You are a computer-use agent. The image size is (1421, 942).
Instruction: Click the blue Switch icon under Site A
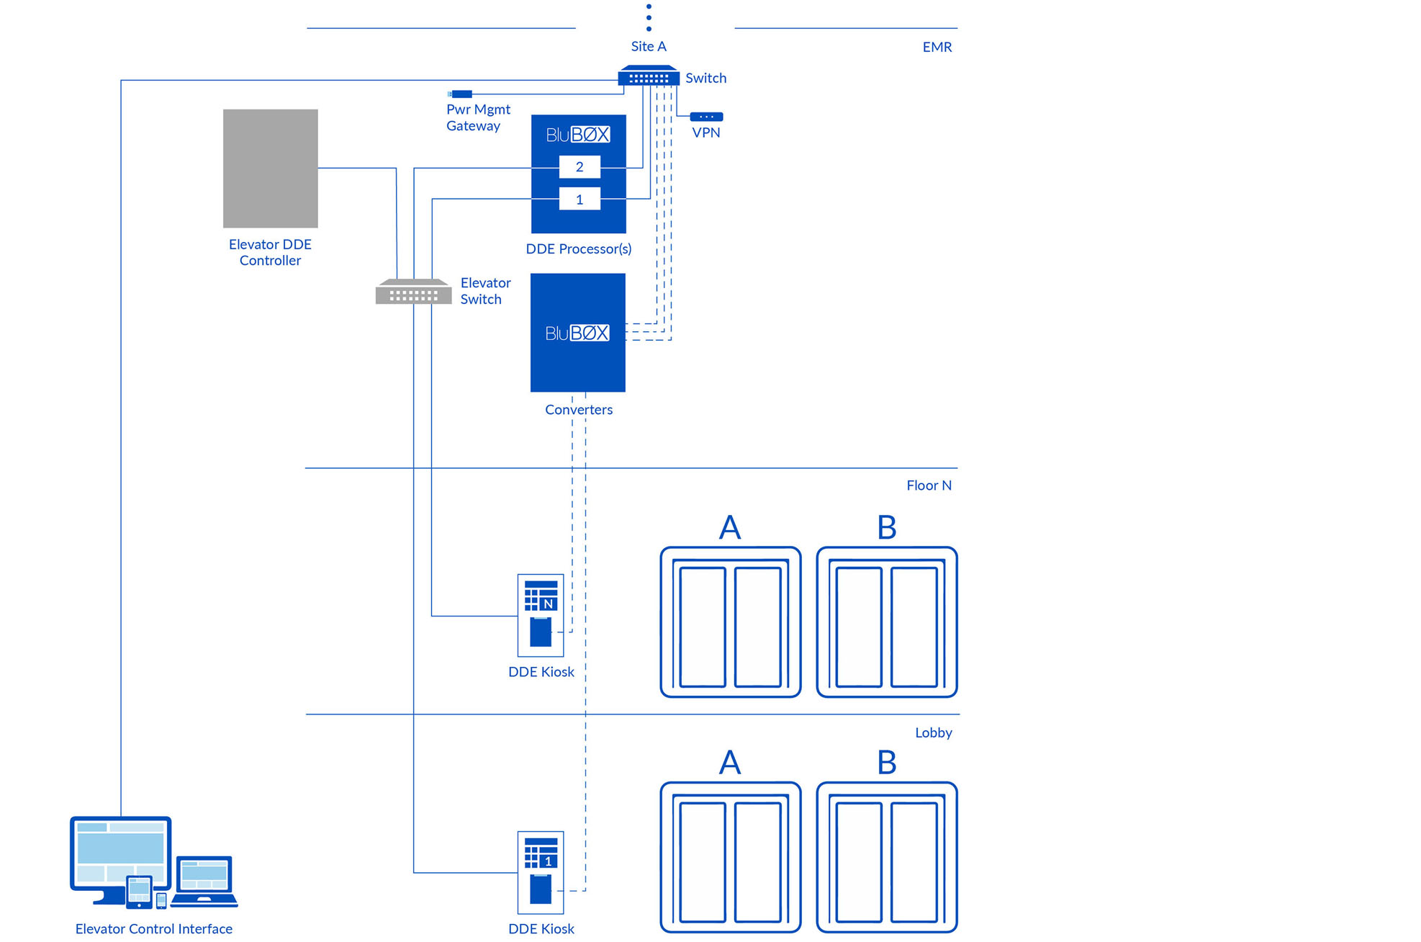click(649, 76)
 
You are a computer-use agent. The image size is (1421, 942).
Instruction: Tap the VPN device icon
click(706, 117)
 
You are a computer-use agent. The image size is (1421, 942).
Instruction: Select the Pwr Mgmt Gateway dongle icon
click(461, 94)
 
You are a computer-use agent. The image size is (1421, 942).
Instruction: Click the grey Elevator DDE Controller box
click(270, 169)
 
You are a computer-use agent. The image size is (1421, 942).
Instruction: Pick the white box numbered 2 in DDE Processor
click(579, 167)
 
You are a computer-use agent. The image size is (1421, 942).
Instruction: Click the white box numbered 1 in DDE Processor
click(579, 199)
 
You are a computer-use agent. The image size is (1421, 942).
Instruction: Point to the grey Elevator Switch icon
click(413, 292)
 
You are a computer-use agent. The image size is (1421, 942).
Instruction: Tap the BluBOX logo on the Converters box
click(577, 333)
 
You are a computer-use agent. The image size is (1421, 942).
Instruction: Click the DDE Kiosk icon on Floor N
click(541, 615)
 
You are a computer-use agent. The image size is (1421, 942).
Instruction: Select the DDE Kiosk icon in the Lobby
click(541, 872)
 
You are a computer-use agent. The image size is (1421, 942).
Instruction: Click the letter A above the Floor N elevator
click(730, 528)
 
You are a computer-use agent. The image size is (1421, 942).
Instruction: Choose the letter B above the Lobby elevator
click(886, 763)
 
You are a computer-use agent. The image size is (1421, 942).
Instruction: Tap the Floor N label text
click(929, 485)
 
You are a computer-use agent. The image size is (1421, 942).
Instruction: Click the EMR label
click(937, 48)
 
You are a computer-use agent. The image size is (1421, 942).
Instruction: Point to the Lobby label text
click(933, 733)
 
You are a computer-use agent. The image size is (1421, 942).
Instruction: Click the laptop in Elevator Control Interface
click(204, 880)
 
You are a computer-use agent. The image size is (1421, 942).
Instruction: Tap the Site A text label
click(649, 47)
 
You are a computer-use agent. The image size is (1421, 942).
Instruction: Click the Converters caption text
click(579, 410)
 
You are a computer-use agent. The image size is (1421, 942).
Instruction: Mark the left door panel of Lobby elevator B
click(859, 862)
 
